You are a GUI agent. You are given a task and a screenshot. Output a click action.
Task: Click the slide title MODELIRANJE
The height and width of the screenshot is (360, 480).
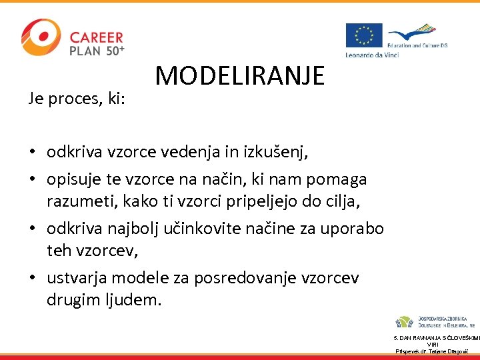pos(240,76)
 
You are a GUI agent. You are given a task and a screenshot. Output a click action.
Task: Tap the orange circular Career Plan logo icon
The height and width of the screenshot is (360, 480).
pos(40,38)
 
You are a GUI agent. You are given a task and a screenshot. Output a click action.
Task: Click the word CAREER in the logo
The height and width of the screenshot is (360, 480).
pos(97,37)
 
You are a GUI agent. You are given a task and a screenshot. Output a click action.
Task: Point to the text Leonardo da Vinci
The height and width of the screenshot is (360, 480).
pos(371,55)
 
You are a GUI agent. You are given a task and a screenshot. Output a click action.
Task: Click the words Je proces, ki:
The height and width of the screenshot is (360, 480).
pos(80,99)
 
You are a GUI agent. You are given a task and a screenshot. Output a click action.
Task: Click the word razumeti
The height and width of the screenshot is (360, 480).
pos(76,201)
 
